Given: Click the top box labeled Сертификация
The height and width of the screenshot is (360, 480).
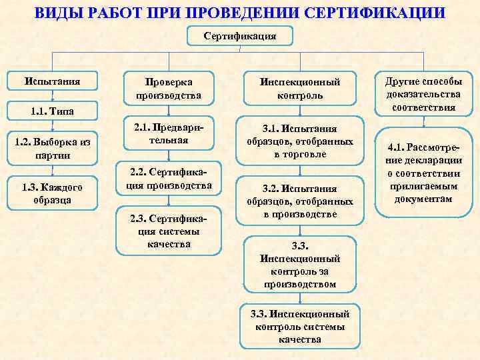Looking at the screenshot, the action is pos(239,35).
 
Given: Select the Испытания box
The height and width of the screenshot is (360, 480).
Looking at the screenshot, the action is pos(53,81).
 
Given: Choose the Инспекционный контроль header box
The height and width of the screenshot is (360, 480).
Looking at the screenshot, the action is pos(299,89).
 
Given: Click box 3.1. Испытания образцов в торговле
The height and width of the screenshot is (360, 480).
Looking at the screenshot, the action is pos(299,141).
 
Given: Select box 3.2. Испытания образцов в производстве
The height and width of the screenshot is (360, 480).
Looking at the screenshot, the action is pos(299,201).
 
